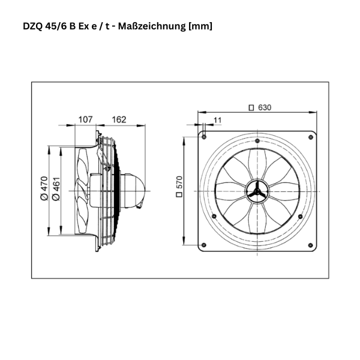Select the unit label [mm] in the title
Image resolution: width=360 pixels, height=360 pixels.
point(200,26)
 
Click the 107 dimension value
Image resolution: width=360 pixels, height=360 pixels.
point(86,119)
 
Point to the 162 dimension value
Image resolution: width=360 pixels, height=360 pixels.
point(119,119)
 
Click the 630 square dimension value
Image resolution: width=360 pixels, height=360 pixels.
point(265,107)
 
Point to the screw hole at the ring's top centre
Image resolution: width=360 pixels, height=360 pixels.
point(257,141)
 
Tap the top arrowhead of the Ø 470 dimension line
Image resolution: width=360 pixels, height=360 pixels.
point(48,145)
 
